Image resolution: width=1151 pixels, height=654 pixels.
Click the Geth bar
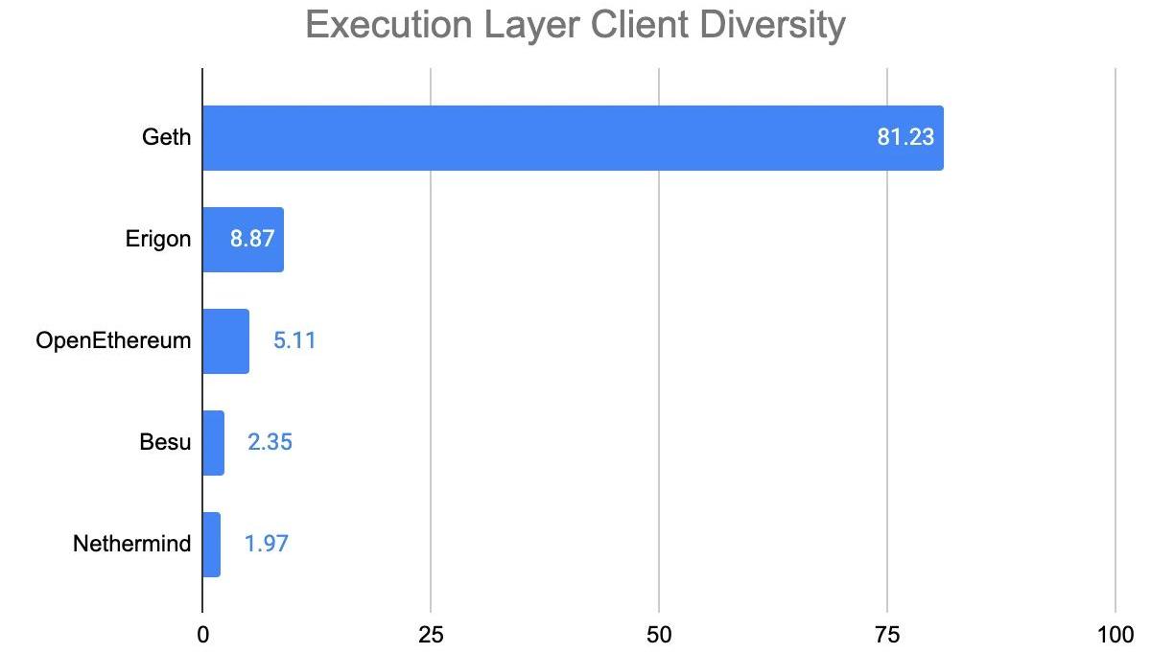(573, 138)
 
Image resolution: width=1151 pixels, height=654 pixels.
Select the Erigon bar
(243, 240)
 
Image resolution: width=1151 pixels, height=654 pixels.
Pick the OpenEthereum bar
(225, 341)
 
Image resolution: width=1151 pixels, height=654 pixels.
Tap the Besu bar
(213, 443)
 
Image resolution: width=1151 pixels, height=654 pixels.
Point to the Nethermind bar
(211, 545)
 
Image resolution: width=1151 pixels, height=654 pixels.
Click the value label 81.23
(904, 138)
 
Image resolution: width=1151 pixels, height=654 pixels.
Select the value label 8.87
(253, 240)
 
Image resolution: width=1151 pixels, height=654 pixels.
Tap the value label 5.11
(294, 341)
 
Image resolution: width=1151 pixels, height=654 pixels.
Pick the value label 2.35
(270, 443)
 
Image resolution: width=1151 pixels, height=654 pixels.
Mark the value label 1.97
(267, 545)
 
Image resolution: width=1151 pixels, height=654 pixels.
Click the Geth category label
(166, 138)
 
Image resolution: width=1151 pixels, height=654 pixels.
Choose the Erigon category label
(158, 240)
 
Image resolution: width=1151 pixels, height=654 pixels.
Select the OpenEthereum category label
(113, 341)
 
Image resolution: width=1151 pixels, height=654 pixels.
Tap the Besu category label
(165, 443)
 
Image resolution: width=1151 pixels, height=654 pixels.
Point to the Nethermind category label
(132, 545)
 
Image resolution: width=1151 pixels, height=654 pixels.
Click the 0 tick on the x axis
(202, 635)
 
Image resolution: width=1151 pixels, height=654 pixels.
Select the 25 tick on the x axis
(431, 635)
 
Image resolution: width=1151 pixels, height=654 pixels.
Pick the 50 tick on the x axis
(659, 635)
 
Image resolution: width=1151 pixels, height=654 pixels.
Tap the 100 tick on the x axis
(1115, 635)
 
